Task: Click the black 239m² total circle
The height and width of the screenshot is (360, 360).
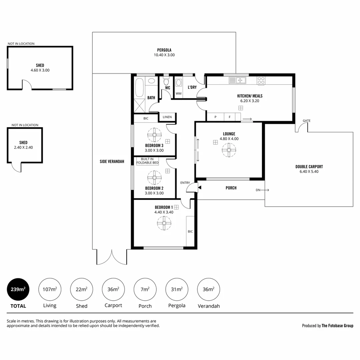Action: point(18,289)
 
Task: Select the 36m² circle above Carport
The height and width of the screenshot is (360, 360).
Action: point(113,289)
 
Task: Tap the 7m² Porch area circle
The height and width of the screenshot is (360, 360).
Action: point(145,289)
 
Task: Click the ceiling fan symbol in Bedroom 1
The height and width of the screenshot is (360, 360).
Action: point(164,223)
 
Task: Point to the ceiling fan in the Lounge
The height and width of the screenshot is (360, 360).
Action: point(229,150)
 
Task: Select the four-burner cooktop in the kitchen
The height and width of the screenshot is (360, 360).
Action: point(261,81)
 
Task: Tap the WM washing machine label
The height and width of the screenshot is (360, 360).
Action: point(178,94)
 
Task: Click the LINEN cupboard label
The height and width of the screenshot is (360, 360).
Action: point(167,117)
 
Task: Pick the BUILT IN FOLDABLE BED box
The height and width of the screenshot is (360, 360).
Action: point(147,161)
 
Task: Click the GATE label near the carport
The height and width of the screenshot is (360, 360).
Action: point(306,121)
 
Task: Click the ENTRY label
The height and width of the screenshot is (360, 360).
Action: point(185,183)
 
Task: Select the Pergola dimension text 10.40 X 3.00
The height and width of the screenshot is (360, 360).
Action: point(164,55)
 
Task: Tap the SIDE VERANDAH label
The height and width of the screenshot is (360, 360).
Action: point(112,161)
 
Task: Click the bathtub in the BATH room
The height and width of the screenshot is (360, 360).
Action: point(139,88)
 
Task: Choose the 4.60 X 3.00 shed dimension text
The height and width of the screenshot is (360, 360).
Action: point(40,70)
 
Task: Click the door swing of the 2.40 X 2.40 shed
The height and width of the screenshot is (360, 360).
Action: point(16,167)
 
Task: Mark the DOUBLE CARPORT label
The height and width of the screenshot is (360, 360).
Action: point(309,167)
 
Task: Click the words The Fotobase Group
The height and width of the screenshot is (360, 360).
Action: point(337,326)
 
